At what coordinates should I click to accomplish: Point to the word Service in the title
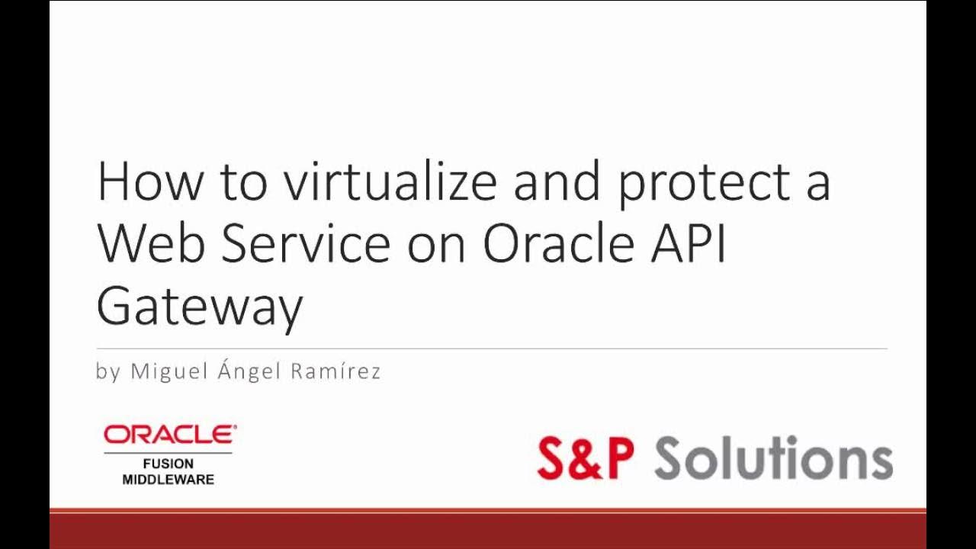(306, 244)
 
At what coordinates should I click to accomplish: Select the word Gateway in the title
(200, 307)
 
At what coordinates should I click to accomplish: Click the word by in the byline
(108, 373)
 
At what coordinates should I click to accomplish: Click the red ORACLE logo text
(169, 435)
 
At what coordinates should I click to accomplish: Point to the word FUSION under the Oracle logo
(168, 464)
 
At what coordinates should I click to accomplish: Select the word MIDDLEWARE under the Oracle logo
(168, 480)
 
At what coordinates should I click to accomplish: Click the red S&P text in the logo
(585, 457)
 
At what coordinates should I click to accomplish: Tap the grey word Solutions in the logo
(773, 457)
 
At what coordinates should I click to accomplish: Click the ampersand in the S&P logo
(586, 458)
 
